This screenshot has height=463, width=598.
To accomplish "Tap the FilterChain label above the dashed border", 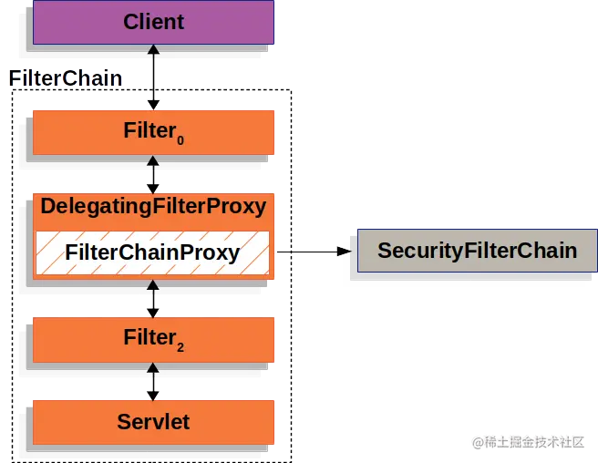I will coord(66,78).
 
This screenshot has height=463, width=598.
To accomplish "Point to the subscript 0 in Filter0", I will coord(180,139).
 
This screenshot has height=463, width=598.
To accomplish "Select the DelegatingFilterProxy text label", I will coord(153,206).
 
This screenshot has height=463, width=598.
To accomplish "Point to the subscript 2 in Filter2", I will coord(180,346).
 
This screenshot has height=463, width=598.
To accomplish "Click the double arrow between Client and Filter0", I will coord(153,77).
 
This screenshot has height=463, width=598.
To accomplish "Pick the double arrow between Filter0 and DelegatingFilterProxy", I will coord(153,173).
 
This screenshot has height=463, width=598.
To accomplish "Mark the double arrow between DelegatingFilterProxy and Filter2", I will coord(153,297).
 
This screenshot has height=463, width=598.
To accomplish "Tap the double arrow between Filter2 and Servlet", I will coord(153,380).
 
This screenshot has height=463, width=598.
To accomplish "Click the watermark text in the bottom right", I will coord(527,441).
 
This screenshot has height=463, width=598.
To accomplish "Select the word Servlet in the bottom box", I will coord(153,422).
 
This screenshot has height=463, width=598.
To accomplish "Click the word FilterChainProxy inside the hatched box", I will coord(153,252).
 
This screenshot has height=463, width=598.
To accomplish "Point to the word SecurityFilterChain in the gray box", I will coord(477,250).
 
